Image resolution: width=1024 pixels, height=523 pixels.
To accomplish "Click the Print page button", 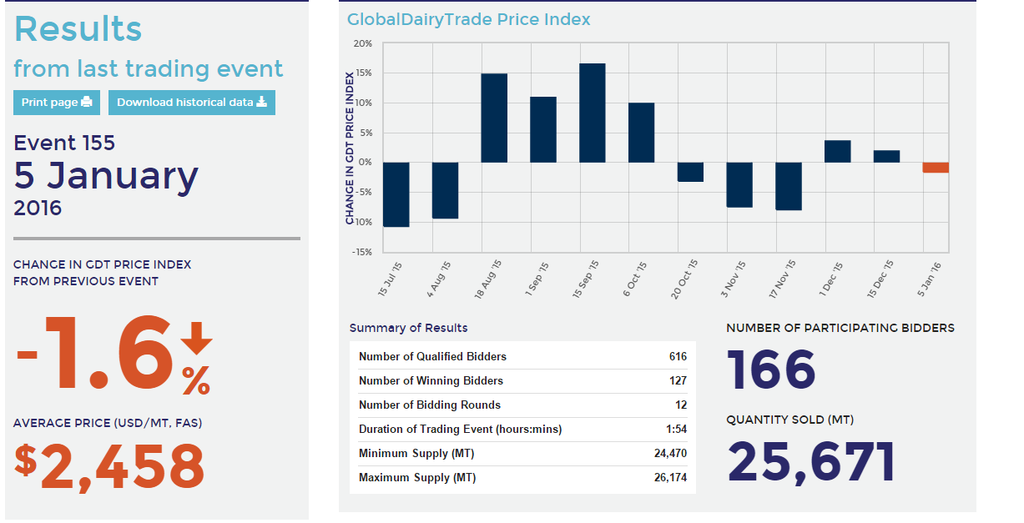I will (x=56, y=103).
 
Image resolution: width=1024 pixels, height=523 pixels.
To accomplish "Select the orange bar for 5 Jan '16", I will (x=936, y=167).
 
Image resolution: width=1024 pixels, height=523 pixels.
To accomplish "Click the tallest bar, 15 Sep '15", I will (x=592, y=113).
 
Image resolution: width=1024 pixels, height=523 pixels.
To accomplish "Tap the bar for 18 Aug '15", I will (x=493, y=118).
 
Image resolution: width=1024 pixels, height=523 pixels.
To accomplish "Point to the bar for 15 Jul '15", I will (x=396, y=194).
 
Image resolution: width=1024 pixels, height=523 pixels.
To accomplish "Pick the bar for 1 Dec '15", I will (x=837, y=151).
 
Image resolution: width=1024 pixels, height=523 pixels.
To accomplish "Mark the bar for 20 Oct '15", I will (x=690, y=172).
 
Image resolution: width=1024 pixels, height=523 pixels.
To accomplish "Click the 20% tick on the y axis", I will (x=362, y=43).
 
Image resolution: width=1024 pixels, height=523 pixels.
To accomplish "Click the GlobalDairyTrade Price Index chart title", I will (x=468, y=19).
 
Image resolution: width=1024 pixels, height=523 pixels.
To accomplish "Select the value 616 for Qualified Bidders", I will (x=677, y=356).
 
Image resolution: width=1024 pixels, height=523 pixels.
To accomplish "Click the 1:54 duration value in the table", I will (x=677, y=430).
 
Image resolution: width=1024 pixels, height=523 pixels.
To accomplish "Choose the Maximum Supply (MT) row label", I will (x=417, y=478).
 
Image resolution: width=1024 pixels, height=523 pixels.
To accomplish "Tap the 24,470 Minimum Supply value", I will (x=670, y=454).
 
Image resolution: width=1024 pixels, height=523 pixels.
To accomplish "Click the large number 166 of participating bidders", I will (x=771, y=370).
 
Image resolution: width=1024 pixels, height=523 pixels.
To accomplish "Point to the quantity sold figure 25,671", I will (x=811, y=461).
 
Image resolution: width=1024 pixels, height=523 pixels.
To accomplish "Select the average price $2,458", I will (x=109, y=465).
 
